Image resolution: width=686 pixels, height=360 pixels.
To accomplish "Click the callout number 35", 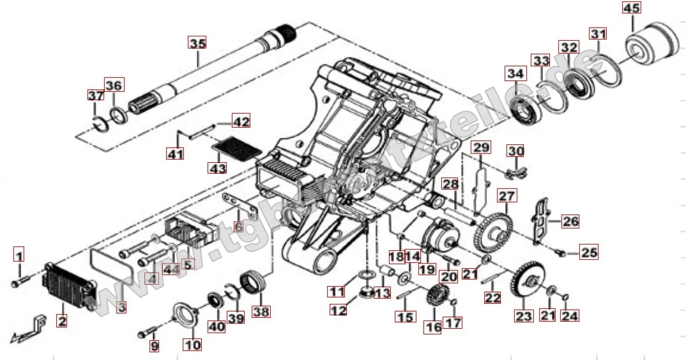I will [x=197, y=43].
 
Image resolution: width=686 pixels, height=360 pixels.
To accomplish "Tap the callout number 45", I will [x=630, y=9].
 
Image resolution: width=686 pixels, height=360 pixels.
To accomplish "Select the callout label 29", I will [x=481, y=148].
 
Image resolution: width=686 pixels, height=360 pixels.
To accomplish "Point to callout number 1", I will [x=19, y=257].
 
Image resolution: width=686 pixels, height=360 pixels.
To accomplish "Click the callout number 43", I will [x=218, y=169].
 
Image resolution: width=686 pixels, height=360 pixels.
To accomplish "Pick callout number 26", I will [x=570, y=221].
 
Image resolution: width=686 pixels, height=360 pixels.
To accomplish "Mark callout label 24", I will [x=570, y=315].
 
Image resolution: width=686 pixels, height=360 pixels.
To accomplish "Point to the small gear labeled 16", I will [x=434, y=297].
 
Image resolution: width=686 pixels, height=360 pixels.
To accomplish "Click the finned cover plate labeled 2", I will [x=67, y=285].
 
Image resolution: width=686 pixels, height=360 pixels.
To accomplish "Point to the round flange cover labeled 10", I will [x=188, y=316].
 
